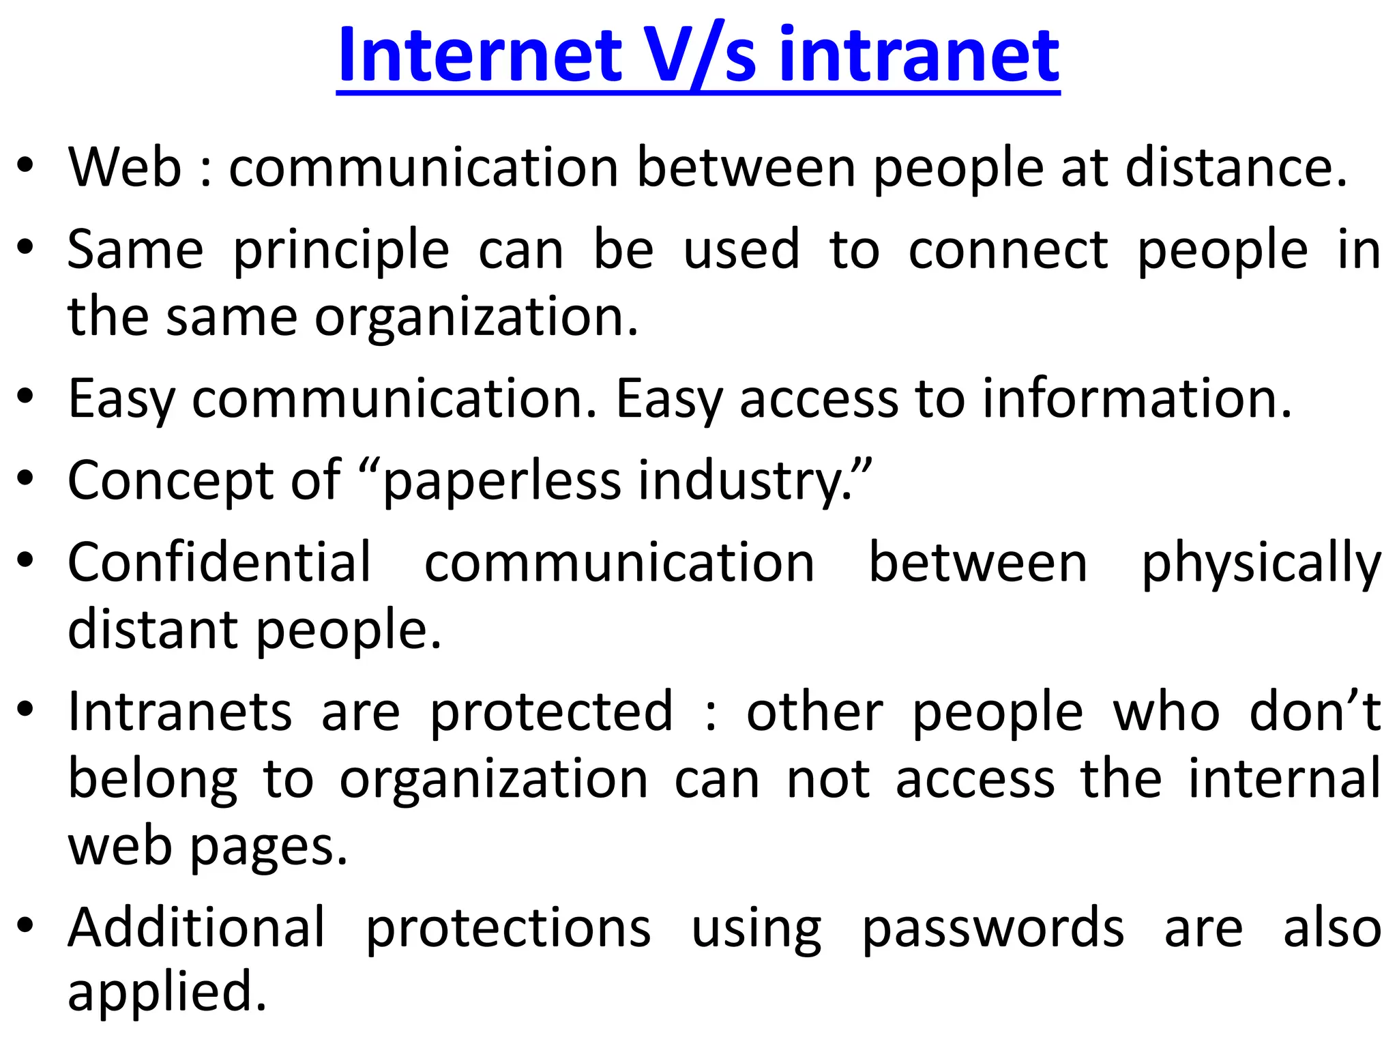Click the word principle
[341, 250]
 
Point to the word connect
[1008, 250]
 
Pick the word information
[1136, 398]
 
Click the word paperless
[502, 481]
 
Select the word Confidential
[220, 563]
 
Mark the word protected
[551, 712]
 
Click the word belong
[153, 781]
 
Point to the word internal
[1284, 779]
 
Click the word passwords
[993, 929]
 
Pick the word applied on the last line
[166, 993]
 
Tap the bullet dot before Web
[25, 166]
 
